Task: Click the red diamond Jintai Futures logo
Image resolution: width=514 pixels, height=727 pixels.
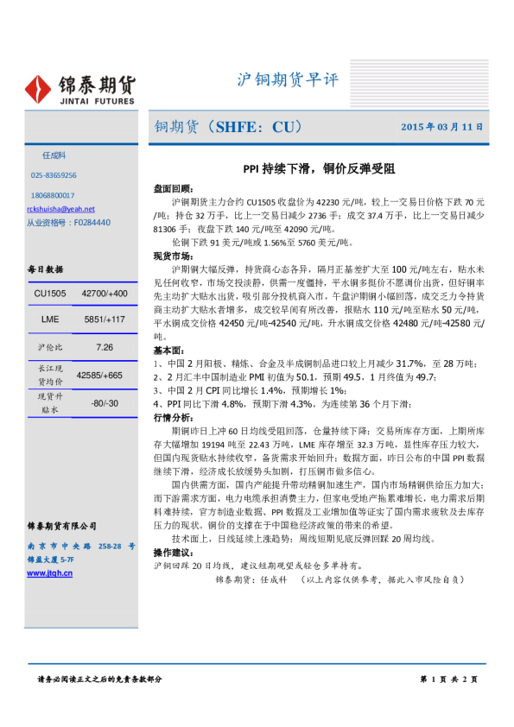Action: (41, 88)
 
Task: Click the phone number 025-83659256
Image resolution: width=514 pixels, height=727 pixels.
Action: (54, 174)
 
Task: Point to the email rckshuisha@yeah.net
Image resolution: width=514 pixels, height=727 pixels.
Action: (60, 209)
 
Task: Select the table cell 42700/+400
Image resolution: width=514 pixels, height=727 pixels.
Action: (105, 294)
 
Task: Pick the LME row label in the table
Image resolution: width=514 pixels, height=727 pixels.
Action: (50, 319)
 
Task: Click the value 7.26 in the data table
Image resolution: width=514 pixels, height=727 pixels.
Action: (105, 347)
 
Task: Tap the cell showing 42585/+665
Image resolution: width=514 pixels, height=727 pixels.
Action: (99, 375)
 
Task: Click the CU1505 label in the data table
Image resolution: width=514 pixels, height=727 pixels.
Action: (50, 294)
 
